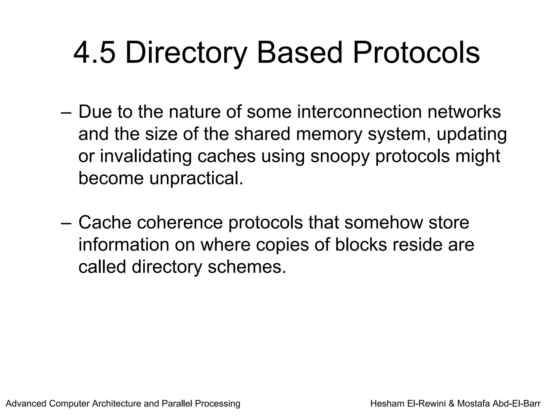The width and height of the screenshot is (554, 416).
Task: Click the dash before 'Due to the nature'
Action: [x=66, y=112]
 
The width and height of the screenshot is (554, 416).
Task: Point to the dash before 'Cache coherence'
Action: [x=66, y=223]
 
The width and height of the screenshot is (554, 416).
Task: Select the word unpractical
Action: [x=196, y=178]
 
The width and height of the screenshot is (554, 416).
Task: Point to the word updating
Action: [x=471, y=134]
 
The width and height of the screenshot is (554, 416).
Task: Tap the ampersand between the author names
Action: [x=451, y=404]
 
